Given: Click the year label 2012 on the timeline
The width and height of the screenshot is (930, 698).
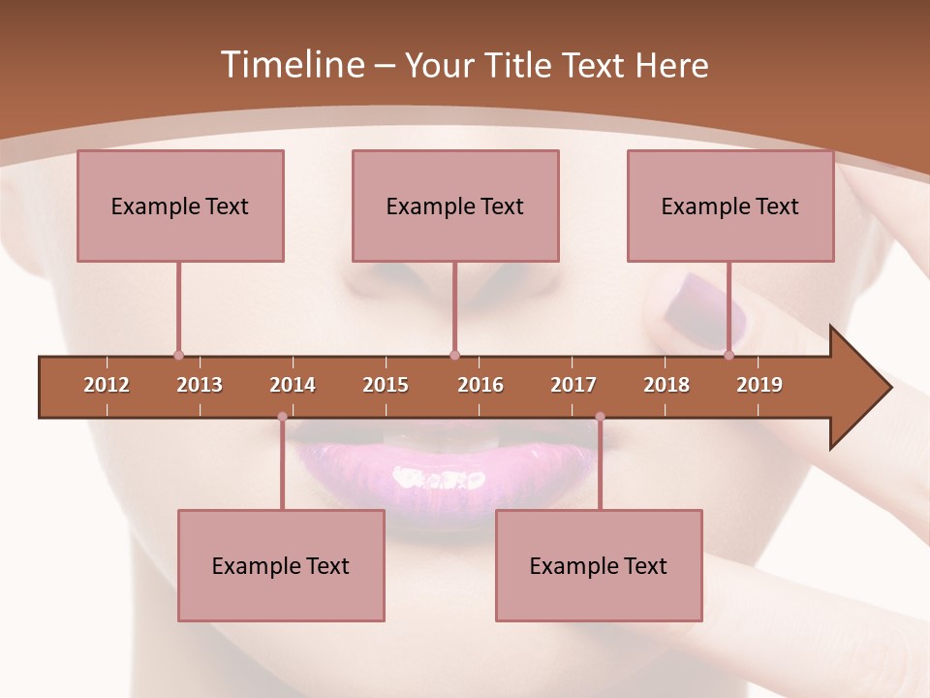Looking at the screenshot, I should [x=107, y=385].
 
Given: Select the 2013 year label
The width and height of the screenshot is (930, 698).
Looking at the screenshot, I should [x=200, y=385].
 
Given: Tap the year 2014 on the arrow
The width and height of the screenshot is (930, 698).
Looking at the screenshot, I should [x=293, y=385].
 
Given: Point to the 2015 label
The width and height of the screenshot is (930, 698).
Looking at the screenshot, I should [x=386, y=385].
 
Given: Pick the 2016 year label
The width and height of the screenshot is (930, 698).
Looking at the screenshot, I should [x=480, y=385].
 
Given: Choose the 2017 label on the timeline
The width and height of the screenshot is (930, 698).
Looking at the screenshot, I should [x=573, y=385].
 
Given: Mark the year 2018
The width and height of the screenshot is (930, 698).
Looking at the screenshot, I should [x=666, y=385].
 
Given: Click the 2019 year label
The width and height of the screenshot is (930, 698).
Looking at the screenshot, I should [x=759, y=385].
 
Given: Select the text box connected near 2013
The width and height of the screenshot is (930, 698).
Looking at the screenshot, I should [x=180, y=206].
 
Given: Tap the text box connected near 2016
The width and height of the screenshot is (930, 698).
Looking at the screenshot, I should [x=455, y=206].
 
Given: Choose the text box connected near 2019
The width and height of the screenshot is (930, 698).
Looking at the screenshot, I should [x=730, y=206].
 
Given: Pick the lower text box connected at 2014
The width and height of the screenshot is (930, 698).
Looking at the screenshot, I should [x=281, y=565].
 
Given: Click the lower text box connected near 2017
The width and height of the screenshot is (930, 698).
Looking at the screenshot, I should [x=599, y=565].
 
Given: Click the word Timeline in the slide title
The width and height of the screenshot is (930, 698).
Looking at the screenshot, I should [x=291, y=65].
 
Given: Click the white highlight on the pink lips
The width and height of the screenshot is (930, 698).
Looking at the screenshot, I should [x=438, y=478].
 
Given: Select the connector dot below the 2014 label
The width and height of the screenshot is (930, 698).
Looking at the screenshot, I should [x=282, y=417].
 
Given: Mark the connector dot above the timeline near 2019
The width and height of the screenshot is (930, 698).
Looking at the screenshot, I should [x=728, y=355].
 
